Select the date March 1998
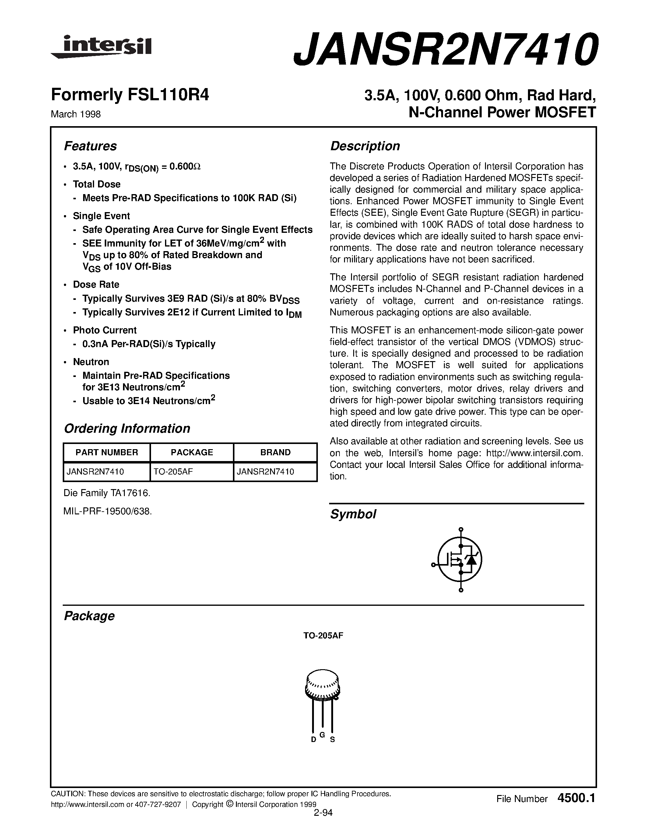(x=76, y=114)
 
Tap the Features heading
(x=90, y=146)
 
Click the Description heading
(x=365, y=146)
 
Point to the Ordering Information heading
(x=127, y=428)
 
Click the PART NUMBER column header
(x=107, y=453)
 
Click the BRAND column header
(x=275, y=453)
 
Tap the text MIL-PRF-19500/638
(x=108, y=511)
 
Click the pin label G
(x=322, y=734)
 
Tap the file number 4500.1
(x=576, y=798)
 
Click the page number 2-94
(x=323, y=813)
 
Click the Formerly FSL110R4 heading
(x=130, y=95)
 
